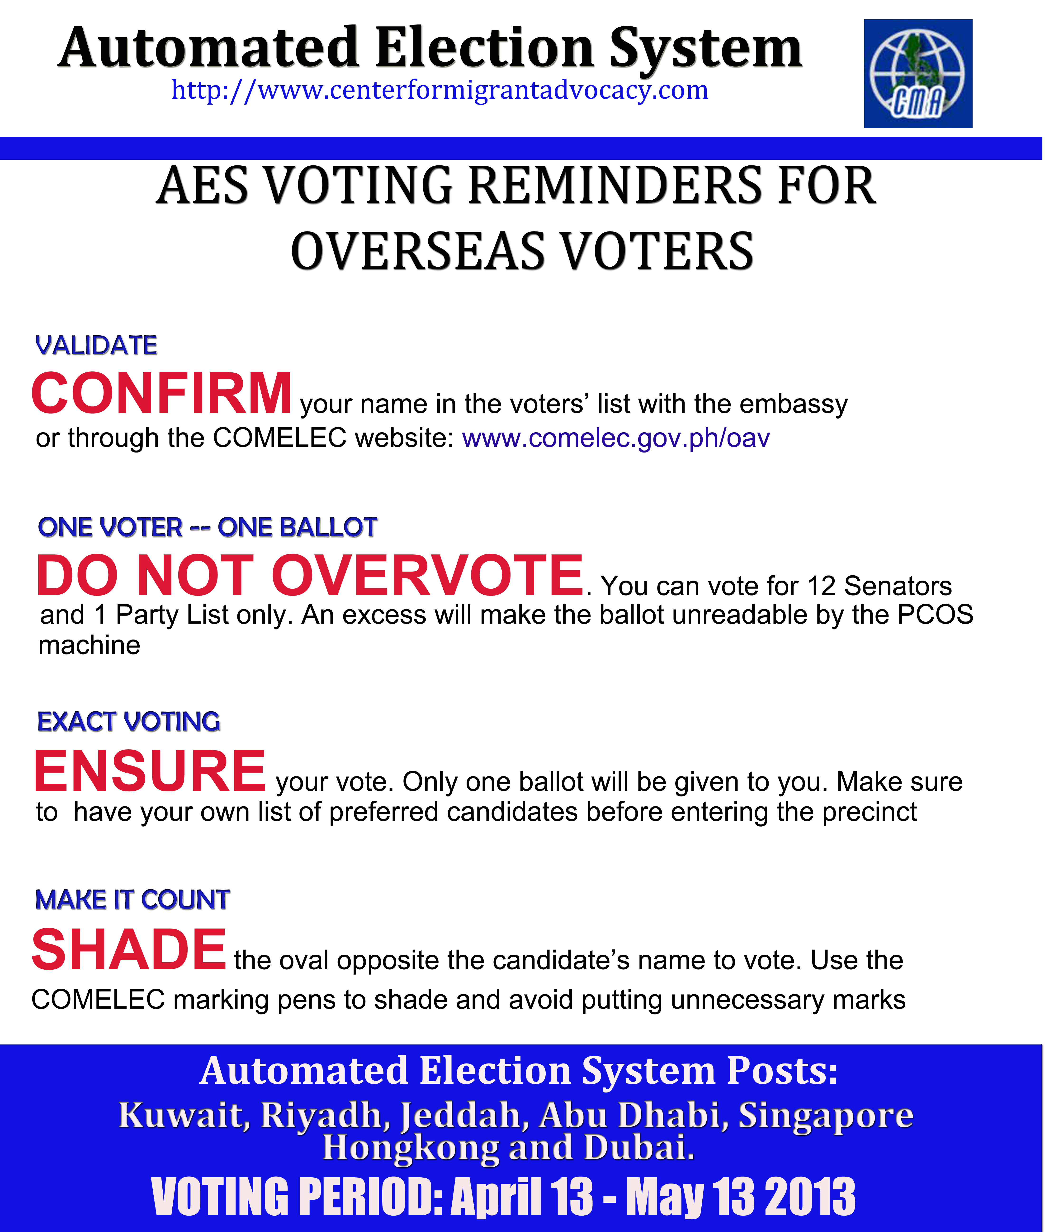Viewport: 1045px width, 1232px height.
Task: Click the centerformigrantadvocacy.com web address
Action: point(440,90)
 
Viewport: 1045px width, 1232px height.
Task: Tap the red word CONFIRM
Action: point(161,393)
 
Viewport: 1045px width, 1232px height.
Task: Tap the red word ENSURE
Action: point(149,771)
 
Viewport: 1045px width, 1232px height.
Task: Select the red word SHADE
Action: point(128,949)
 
